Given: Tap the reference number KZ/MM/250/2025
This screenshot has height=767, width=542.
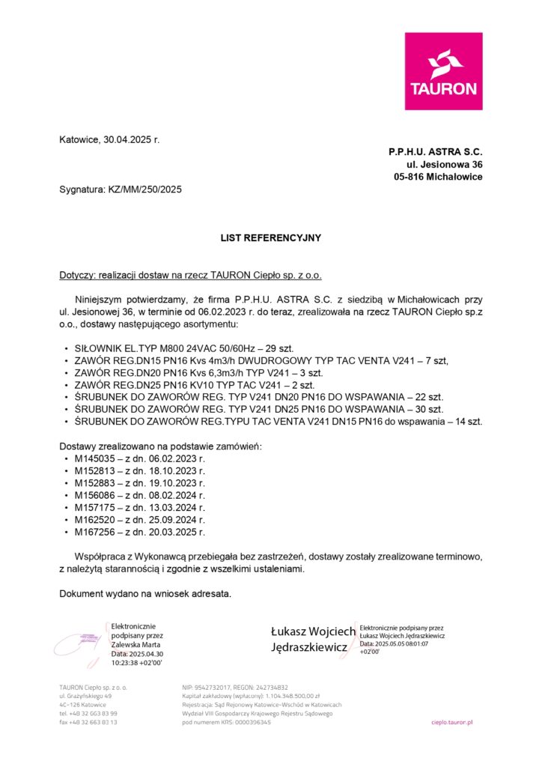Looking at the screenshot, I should (144, 190).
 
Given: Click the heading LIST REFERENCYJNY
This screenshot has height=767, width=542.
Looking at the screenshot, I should (270, 238).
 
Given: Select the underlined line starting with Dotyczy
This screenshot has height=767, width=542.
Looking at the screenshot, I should (190, 276).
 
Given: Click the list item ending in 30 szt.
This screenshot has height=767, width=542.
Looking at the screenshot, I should (259, 410).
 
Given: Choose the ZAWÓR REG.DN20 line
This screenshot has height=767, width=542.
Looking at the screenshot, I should (198, 372).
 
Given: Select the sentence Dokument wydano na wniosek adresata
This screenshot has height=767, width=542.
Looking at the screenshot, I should (145, 594).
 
